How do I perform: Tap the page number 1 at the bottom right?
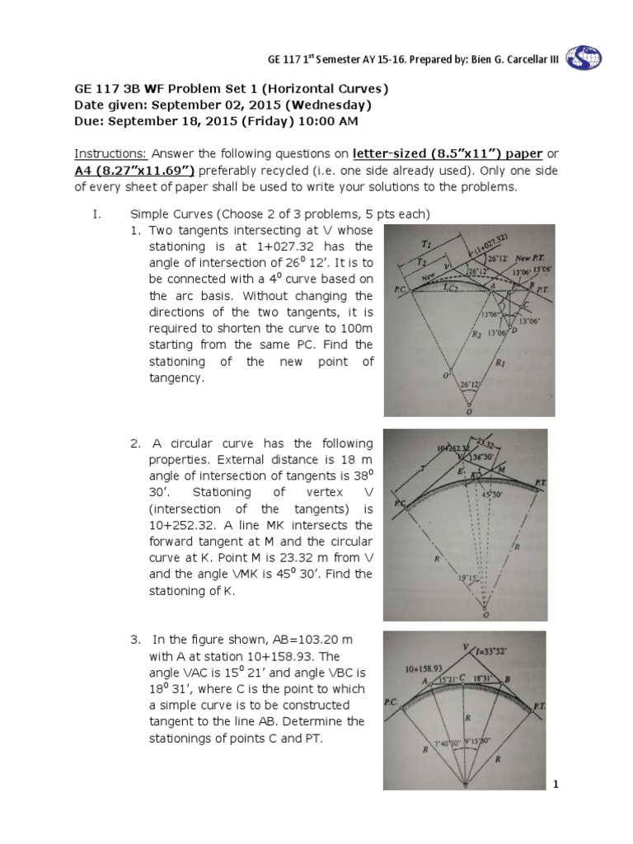556,785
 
